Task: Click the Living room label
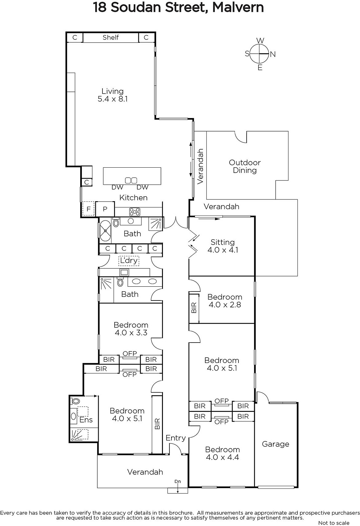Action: pos(112,91)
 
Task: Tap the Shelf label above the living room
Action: pos(111,37)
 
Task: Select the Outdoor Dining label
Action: pos(244,166)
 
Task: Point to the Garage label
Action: pos(276,444)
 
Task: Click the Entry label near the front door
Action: pos(175,438)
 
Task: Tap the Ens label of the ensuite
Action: pos(86,419)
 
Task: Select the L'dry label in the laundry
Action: pos(129,260)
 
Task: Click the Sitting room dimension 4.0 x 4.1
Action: pos(223,250)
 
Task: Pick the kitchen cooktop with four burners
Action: pos(135,212)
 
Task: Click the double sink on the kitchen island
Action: pos(131,180)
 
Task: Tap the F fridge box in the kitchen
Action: pos(88,209)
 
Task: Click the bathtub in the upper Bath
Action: pos(105,231)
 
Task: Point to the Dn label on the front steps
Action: pos(178,481)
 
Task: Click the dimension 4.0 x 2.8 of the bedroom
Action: pos(225,304)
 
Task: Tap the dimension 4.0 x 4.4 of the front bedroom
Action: pos(222,457)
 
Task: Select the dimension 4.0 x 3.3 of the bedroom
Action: pos(131,332)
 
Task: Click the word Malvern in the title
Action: pos(238,8)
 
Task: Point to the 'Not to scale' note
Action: pos(334,523)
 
